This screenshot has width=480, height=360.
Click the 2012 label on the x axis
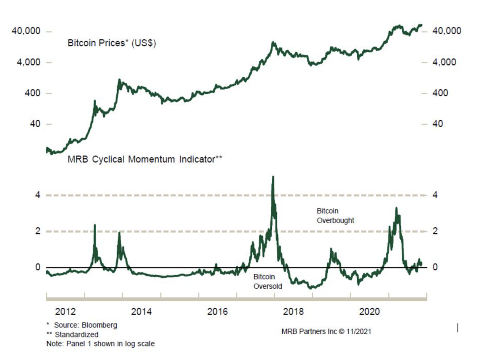pos(65,312)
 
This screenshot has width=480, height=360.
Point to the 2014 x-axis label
pos(142,312)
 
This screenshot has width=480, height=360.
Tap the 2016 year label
pos(217,312)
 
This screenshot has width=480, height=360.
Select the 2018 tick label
pos(294,312)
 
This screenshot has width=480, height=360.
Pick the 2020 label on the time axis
pos(370,312)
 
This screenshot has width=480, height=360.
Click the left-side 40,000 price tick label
pos(26,31)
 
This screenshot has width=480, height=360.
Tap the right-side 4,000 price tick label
pos(445,62)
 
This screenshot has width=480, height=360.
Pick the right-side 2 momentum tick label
pos(436,231)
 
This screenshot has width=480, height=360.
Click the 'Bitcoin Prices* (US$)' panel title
pos(112,44)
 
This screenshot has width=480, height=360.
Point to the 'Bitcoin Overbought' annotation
pos(335,216)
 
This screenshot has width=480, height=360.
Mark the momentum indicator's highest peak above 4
pos(273,177)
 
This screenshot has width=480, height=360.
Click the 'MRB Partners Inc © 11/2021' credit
pos(327,331)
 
